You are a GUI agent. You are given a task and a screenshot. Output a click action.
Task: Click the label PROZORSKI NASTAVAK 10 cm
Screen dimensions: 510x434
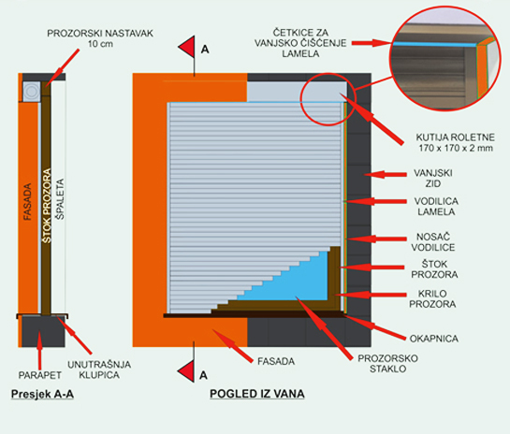(x=100, y=38)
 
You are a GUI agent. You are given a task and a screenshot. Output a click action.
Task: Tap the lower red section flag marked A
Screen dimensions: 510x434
(x=188, y=371)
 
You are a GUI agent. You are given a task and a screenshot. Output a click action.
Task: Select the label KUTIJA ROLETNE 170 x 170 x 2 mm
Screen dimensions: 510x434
(x=456, y=143)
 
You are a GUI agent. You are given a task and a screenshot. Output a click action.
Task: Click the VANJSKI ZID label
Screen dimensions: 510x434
(x=433, y=178)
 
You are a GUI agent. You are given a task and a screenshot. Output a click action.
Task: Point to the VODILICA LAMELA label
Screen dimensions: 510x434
(x=436, y=207)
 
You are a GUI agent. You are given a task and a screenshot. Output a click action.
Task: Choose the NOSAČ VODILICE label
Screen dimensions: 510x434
(x=433, y=242)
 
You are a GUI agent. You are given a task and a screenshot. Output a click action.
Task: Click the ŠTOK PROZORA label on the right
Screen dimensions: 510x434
(x=434, y=268)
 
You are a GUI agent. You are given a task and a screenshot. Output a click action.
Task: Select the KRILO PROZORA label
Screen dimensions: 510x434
(x=432, y=298)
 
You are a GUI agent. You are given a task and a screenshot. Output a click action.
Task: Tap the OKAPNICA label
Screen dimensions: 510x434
(x=434, y=339)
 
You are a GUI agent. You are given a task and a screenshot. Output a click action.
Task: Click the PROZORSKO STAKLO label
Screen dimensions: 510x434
(x=387, y=364)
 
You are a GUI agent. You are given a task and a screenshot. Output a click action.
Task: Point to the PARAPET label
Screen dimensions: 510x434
(x=39, y=375)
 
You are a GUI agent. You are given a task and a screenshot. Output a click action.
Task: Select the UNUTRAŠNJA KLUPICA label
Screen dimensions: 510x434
(x=99, y=369)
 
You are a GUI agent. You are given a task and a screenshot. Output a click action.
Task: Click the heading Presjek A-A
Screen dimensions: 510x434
(x=42, y=394)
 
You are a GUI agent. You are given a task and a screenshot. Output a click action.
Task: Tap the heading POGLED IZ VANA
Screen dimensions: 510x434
(x=257, y=394)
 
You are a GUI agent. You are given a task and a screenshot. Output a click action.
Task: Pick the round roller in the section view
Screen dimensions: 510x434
(x=32, y=92)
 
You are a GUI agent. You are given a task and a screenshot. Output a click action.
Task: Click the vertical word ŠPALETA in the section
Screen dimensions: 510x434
(x=60, y=199)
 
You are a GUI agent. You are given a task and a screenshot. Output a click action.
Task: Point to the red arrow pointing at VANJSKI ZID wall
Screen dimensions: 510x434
(x=386, y=175)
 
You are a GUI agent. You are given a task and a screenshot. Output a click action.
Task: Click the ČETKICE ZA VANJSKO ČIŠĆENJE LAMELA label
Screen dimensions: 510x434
(x=300, y=43)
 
